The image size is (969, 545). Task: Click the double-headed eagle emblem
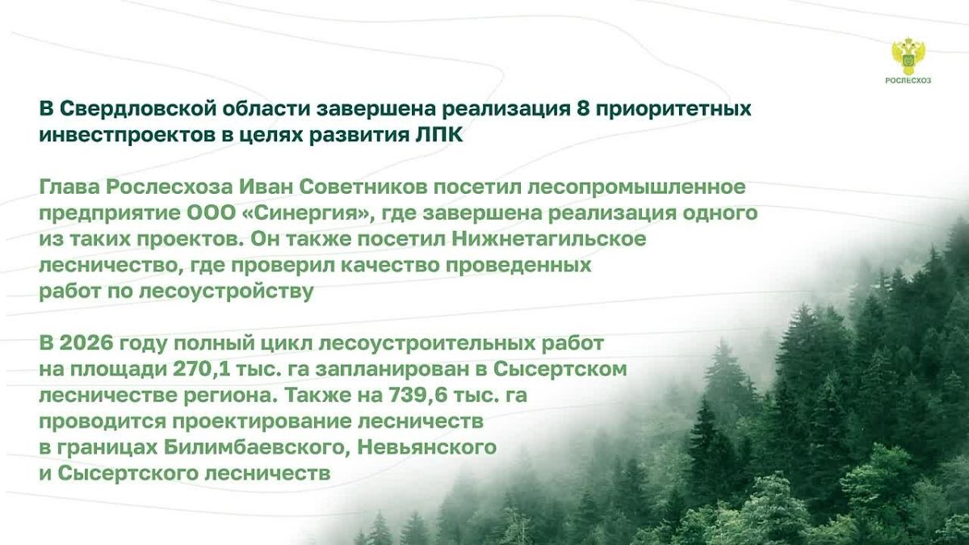click(908, 57)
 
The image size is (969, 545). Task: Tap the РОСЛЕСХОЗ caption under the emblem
click(908, 81)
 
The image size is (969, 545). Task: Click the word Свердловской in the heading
click(137, 108)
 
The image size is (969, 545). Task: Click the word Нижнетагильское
click(549, 239)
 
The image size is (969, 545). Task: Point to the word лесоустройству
click(226, 292)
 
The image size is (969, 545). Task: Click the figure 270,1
click(198, 370)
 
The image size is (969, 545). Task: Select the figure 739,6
click(414, 396)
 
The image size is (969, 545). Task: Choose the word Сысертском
click(560, 370)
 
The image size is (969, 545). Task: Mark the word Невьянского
click(427, 447)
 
